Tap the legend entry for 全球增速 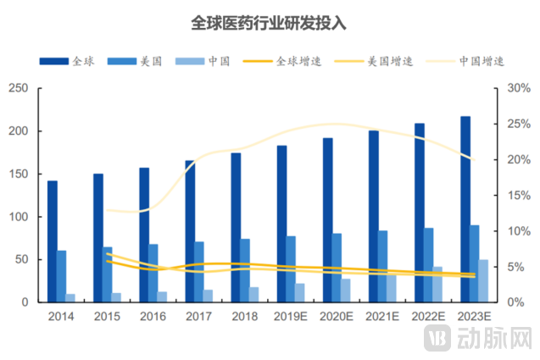point(276,62)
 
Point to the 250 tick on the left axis point(19,89)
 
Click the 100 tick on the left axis point(19,217)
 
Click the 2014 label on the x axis point(61,316)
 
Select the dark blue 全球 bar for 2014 point(52,241)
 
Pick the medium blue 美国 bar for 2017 point(198,272)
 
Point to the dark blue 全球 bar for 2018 point(236,227)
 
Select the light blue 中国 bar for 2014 point(70,298)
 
